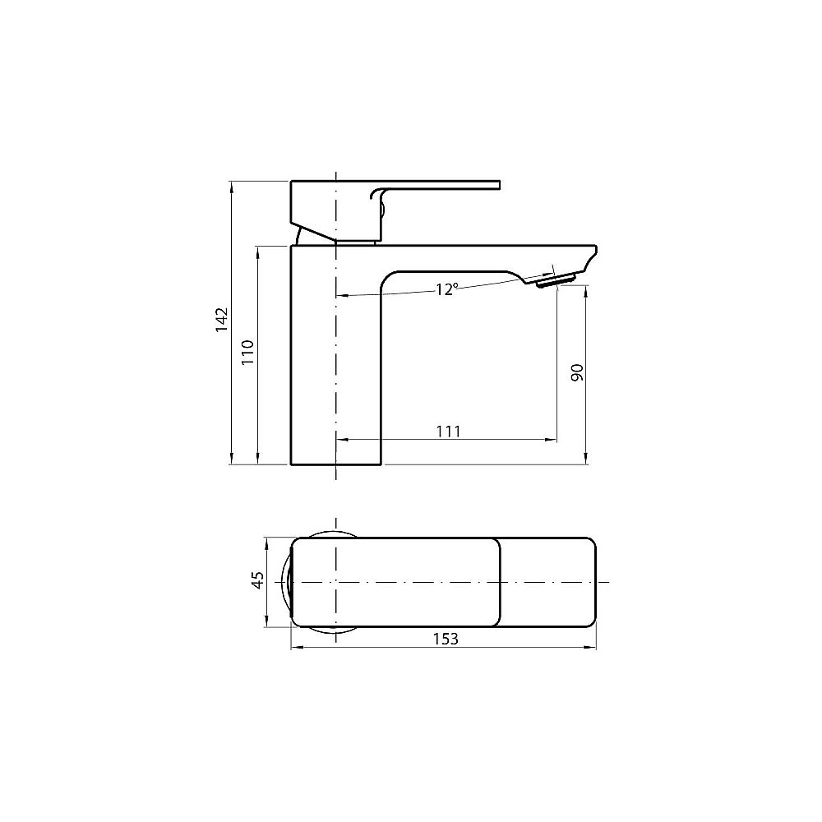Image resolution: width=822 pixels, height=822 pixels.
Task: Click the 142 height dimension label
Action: coord(220,320)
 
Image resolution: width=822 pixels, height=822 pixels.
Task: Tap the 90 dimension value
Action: coord(576,372)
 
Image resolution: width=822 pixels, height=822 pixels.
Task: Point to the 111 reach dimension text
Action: coord(448,431)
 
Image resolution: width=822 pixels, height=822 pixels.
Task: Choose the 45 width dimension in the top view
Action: coord(257,580)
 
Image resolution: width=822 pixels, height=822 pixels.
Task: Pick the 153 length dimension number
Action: coord(445,639)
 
